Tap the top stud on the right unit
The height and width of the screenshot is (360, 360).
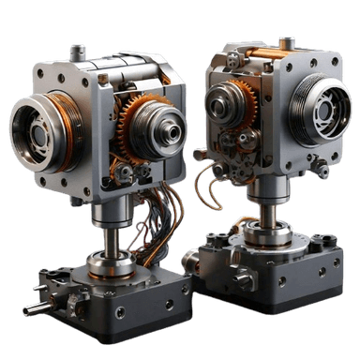pos(287,43)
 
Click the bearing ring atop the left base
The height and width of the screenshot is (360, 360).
pos(111,263)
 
